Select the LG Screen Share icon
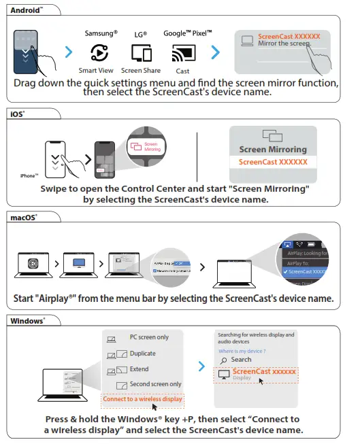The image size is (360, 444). tap(141, 53)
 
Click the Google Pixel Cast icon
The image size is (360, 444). tap(182, 53)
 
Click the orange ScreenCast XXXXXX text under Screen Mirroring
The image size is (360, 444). tap(274, 163)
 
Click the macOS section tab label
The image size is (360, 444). tap(24, 218)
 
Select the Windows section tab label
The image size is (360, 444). tap(27, 320)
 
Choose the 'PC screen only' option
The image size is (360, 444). tap(149, 337)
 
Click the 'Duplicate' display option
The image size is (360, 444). tap(142, 354)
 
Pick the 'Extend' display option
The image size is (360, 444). tap(139, 369)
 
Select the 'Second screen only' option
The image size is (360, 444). tap(155, 385)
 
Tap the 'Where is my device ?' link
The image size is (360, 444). tap(241, 350)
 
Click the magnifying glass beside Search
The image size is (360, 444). tap(223, 360)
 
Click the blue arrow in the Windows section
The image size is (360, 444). tap(201, 366)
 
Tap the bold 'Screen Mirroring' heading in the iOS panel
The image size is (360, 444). tap(273, 150)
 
